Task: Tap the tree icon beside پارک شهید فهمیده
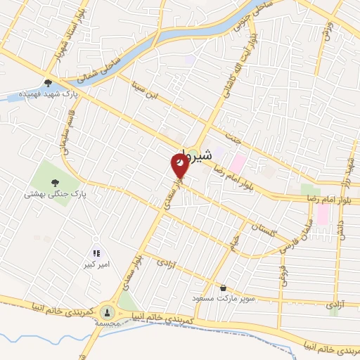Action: [x=48, y=82]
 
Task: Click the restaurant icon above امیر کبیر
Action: [x=96, y=253]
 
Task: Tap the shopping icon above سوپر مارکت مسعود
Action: [x=224, y=288]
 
